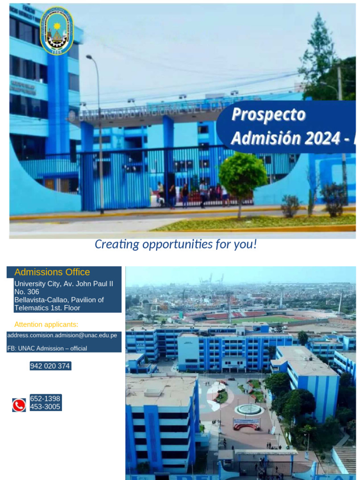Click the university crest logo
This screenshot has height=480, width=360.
pyautogui.click(x=56, y=31)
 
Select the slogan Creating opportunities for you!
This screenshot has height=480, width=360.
pyautogui.click(x=176, y=244)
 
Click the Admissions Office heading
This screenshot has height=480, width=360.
pyautogui.click(x=52, y=272)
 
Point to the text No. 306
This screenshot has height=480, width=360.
pyautogui.click(x=27, y=292)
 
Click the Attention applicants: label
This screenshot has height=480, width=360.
pyautogui.click(x=46, y=324)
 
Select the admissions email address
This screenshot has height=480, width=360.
pyautogui.click(x=62, y=335)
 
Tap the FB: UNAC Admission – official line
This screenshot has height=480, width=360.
pyautogui.click(x=47, y=348)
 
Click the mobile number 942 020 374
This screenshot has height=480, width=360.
pyautogui.click(x=50, y=366)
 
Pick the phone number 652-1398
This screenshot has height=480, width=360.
pyautogui.click(x=45, y=398)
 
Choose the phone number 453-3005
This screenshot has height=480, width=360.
pyautogui.click(x=45, y=407)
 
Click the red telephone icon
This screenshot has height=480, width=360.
pyautogui.click(x=19, y=405)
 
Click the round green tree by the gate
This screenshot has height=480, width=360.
pyautogui.click(x=242, y=174)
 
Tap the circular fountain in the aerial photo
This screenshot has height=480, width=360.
pyautogui.click(x=249, y=410)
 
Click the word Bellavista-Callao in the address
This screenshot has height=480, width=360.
pyautogui.click(x=41, y=300)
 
